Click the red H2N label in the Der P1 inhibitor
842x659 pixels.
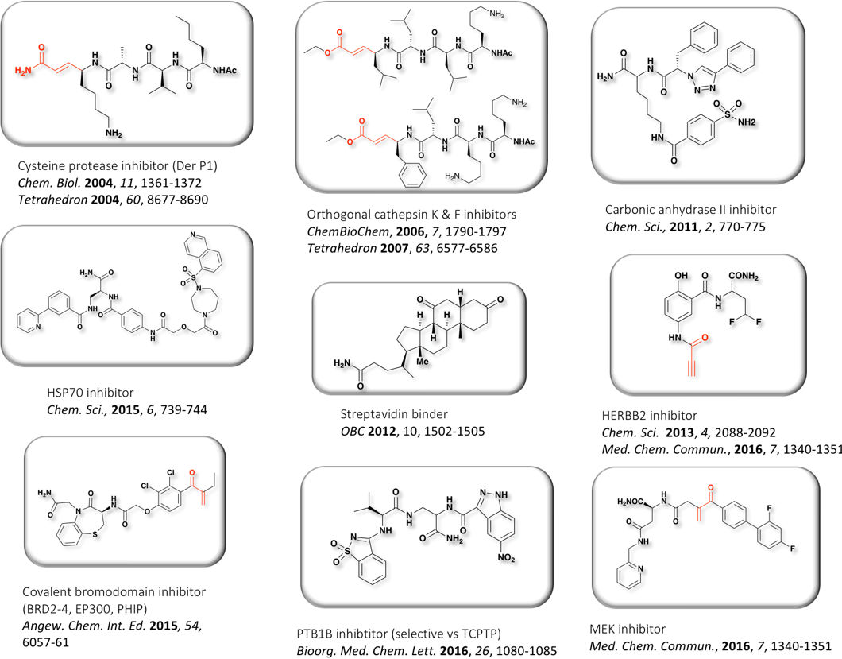[24, 71]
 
